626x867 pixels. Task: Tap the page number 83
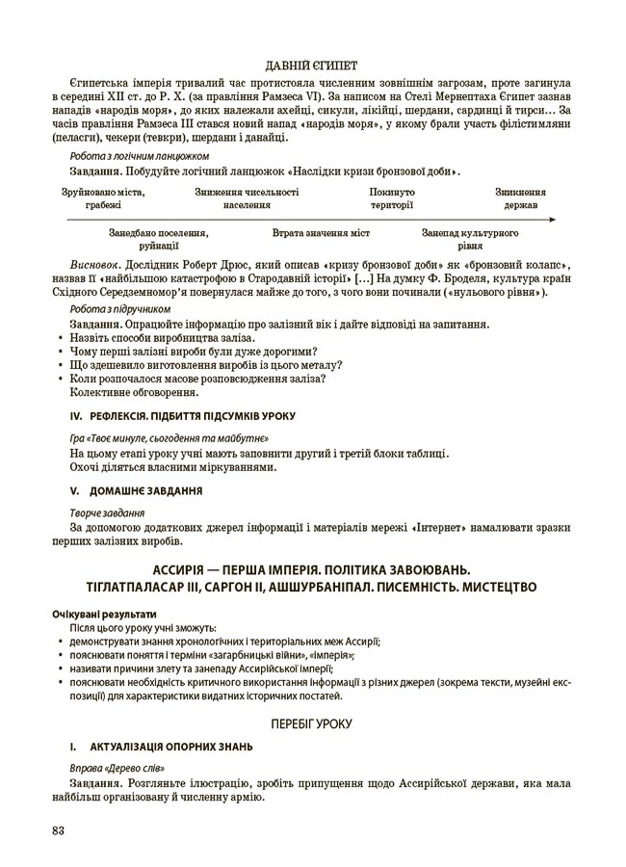click(59, 832)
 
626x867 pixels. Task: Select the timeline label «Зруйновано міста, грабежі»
click(102, 198)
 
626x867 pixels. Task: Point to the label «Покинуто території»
click(392, 198)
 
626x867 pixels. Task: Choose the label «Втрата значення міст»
click(321, 233)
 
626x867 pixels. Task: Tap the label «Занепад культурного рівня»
click(471, 239)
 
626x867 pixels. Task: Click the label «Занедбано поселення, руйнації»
click(158, 239)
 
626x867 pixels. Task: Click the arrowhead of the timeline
click(552, 220)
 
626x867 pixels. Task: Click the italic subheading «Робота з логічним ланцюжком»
click(139, 155)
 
